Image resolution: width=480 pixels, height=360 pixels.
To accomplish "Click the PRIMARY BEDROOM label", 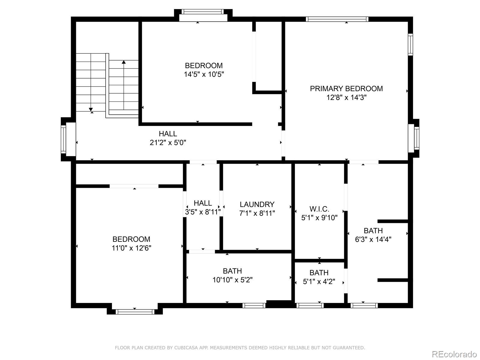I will (346, 88).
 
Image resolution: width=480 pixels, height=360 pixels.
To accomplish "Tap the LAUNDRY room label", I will (257, 204).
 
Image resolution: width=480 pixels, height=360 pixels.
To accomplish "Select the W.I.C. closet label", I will (319, 209).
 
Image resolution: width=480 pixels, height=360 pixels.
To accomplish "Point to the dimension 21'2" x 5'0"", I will (168, 142).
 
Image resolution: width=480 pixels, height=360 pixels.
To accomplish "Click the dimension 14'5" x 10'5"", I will (204, 74).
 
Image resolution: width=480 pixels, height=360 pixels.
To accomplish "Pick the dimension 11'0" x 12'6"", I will (131, 248).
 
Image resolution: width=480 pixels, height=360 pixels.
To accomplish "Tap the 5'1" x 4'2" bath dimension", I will (319, 282).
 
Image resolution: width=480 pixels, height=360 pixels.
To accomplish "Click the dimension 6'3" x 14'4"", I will (373, 239).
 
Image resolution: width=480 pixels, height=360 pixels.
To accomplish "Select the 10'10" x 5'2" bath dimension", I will (232, 280).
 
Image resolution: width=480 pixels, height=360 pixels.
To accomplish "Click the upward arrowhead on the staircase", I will (124, 62).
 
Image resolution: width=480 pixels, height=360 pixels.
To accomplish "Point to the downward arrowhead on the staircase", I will (91, 109).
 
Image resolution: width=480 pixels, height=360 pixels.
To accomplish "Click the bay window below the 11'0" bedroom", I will (135, 312).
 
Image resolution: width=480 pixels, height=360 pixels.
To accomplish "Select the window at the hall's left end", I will (63, 139).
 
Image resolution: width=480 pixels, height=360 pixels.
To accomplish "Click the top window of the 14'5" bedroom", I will (203, 12).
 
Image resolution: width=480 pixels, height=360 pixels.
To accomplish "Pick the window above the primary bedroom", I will (337, 19).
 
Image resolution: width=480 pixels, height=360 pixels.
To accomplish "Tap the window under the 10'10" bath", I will (254, 305).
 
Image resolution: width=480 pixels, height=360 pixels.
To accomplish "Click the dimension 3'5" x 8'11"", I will (203, 212).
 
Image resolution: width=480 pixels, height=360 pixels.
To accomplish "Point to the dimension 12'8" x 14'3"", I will (346, 97).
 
